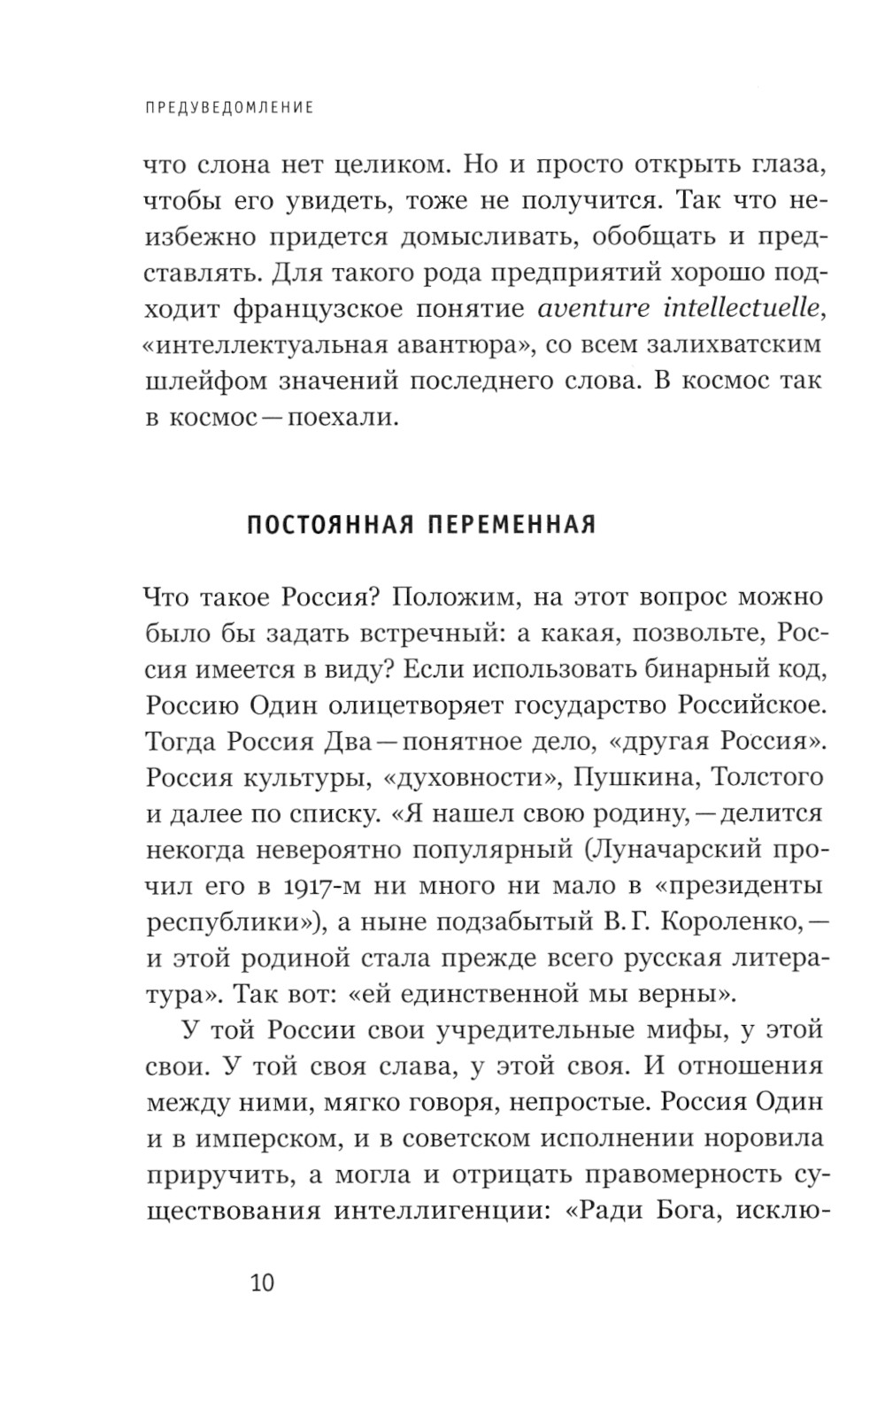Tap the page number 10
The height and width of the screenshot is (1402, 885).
tap(263, 1283)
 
